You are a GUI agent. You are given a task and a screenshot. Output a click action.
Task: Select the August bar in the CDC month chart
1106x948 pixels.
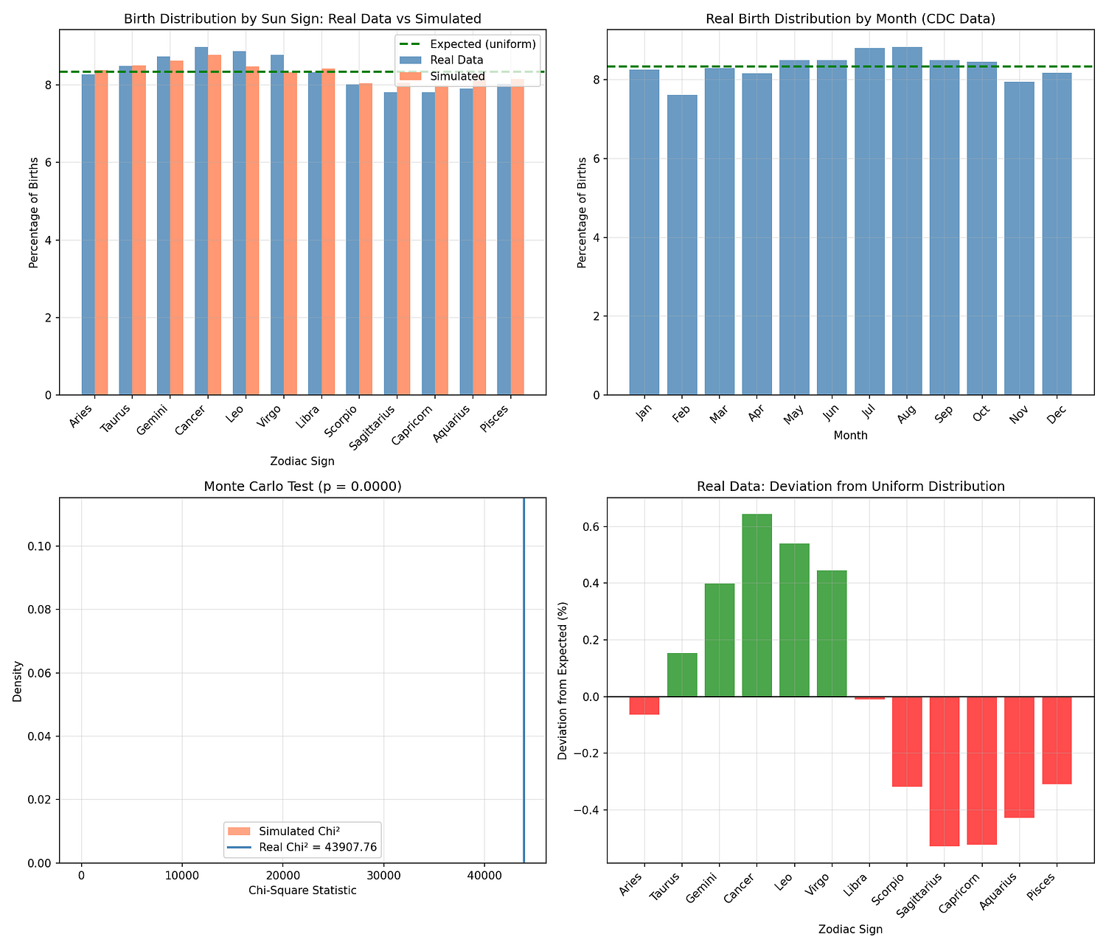[x=907, y=221]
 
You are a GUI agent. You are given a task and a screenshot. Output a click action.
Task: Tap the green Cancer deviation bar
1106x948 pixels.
[x=757, y=605]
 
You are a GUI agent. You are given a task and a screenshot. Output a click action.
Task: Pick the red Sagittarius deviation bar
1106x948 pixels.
[x=945, y=771]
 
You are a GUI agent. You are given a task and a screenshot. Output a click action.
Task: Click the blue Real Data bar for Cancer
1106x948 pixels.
[x=201, y=221]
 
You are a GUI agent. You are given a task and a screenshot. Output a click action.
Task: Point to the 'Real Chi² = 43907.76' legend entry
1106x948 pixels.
[x=317, y=848]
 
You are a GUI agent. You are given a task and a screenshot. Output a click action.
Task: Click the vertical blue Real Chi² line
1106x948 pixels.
[x=524, y=663]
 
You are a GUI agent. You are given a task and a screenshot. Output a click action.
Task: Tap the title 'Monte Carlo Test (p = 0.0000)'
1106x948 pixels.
[x=302, y=487]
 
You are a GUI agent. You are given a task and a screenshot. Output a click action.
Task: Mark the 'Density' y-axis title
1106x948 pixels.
[x=18, y=680]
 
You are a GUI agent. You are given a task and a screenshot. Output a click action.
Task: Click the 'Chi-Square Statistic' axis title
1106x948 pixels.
[x=302, y=891]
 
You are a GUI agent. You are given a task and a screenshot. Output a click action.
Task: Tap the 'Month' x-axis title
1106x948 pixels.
[x=850, y=436]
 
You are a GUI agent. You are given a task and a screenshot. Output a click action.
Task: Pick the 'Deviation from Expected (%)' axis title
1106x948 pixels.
[x=563, y=680]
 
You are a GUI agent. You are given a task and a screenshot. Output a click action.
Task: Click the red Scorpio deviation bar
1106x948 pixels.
[x=907, y=742]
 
